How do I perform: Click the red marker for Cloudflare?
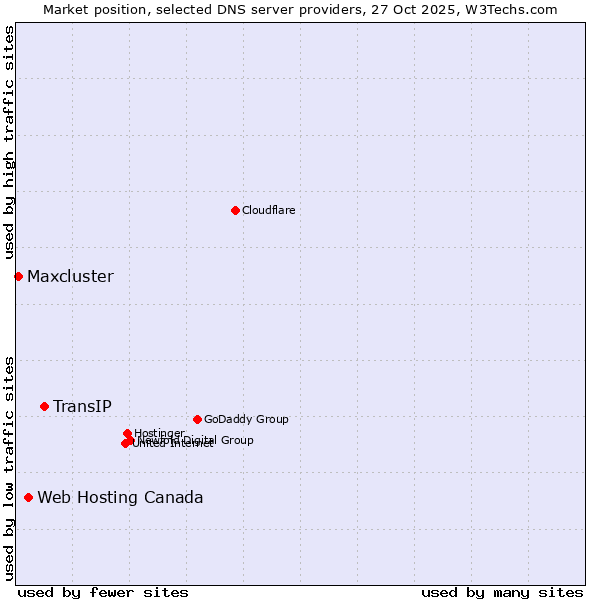point(235,210)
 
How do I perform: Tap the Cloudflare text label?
point(268,210)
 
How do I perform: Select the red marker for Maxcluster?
point(18,276)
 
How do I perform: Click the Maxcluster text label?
point(70,276)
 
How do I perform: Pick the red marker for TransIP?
point(44,406)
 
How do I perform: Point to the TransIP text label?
point(82,406)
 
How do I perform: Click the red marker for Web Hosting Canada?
point(28,497)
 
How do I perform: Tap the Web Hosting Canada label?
point(120,497)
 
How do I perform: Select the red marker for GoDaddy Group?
point(197,419)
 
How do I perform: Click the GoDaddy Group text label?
point(246,419)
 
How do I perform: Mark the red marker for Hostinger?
point(127,433)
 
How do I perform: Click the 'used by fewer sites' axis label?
point(103,592)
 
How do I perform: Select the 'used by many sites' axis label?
point(502,592)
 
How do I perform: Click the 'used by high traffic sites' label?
point(9,143)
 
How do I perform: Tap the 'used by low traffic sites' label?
point(9,467)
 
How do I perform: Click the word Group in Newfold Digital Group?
point(236,440)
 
